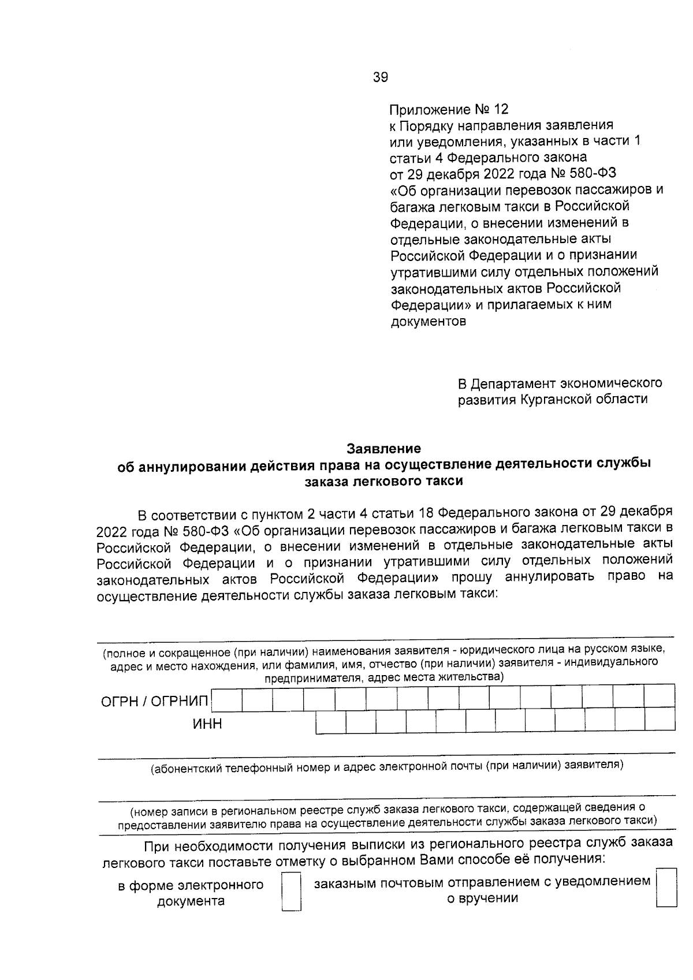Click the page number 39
(x=381, y=77)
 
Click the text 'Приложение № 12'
(x=449, y=110)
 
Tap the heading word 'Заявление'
(x=383, y=448)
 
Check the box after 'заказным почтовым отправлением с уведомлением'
(x=666, y=888)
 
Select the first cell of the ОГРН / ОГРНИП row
(x=227, y=700)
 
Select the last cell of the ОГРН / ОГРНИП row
(x=659, y=696)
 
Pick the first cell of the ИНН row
(x=331, y=722)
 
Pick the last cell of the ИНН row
(x=660, y=720)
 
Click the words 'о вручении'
(x=483, y=898)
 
